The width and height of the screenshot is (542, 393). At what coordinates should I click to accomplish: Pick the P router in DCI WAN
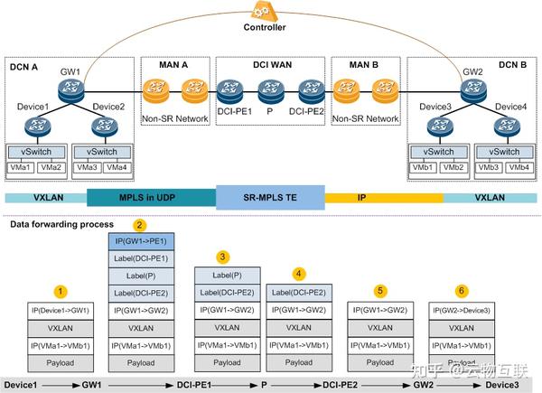(x=268, y=89)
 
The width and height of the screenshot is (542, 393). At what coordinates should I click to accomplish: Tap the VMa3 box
(x=88, y=167)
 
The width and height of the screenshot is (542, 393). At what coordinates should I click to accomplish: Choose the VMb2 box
(x=453, y=167)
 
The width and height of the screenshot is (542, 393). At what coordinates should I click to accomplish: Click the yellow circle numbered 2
(x=138, y=224)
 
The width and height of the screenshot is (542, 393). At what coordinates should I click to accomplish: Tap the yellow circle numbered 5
(x=380, y=291)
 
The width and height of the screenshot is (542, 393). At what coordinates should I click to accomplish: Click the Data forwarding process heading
(x=62, y=223)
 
